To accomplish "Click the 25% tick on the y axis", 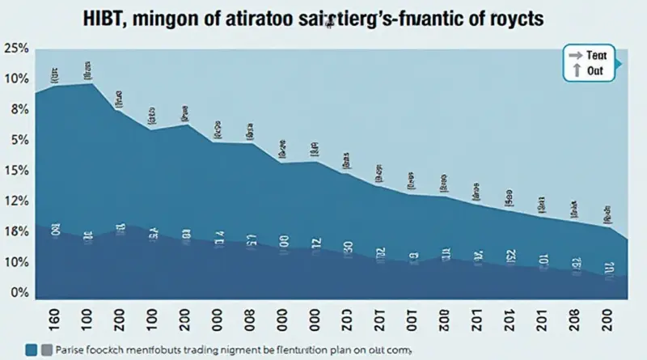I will pos(15,49).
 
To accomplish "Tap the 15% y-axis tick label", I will pos(15,171).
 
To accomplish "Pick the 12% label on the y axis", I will pos(15,201).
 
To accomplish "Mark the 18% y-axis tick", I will pos(15,232).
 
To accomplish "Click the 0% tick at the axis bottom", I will pos(18,293).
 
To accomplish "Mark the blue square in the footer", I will pos(32,349).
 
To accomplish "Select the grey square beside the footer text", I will pos(47,349).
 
